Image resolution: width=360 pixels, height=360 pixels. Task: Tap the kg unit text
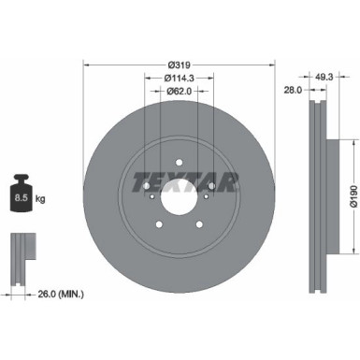tap(39, 199)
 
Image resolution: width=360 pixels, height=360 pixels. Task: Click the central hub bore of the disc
tap(180, 199)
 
